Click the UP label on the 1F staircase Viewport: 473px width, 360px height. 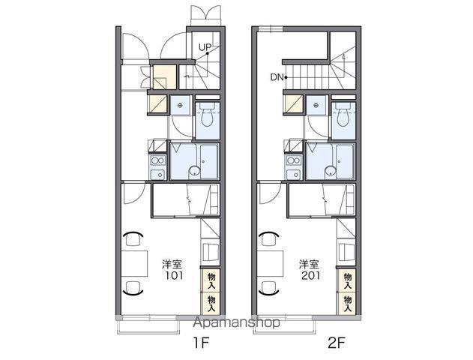205,47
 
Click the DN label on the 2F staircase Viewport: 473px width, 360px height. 277,77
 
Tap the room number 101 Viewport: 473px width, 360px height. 174,275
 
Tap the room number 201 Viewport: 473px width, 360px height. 310,275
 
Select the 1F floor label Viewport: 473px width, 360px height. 201,343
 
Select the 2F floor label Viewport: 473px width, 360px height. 337,343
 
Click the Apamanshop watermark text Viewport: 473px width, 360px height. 236,323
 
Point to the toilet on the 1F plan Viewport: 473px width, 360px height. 207,116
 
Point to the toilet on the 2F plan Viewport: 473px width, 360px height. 343,116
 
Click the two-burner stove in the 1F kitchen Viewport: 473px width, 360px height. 157,160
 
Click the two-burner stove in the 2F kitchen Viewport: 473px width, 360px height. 293,160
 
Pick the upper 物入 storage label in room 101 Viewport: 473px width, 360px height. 211,281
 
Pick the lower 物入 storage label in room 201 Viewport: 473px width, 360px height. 348,304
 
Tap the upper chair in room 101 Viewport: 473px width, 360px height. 133,239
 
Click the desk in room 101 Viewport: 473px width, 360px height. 134,263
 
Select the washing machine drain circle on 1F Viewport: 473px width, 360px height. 180,105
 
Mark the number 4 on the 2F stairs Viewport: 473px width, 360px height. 343,57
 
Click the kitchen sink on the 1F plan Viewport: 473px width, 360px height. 157,175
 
